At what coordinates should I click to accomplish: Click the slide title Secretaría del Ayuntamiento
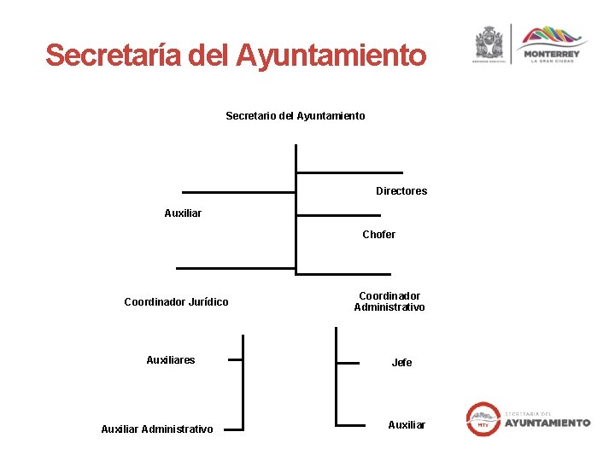point(236,56)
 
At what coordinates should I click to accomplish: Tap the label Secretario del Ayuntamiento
point(295,115)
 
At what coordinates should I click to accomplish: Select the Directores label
point(401,191)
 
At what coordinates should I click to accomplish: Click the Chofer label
point(378,235)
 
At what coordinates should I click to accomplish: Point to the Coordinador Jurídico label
point(176,302)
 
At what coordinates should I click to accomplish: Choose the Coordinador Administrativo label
point(389,301)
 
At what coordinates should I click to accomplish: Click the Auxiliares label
point(171,360)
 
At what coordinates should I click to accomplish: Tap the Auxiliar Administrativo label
point(157,429)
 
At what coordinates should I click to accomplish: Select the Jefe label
point(401,363)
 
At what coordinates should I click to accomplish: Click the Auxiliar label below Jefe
point(407,425)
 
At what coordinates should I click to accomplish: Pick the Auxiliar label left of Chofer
point(183,213)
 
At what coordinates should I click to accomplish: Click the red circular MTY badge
point(483,420)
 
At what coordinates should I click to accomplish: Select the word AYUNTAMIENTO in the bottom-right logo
point(547,423)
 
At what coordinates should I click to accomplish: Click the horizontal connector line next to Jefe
point(348,363)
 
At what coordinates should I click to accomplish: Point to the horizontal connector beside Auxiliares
point(235,360)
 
